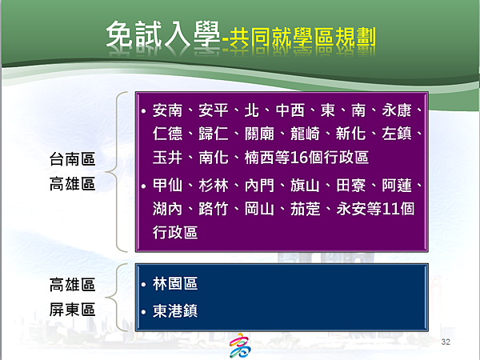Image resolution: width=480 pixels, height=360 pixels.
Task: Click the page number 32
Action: [446, 342]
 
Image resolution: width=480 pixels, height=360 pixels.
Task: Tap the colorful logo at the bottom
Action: [240, 346]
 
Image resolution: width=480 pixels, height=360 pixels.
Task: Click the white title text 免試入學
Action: [163, 34]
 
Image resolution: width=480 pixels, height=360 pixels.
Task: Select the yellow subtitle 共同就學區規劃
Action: [302, 38]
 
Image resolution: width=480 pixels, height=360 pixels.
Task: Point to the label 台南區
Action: [73, 159]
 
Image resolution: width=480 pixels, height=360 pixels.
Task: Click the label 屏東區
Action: [73, 309]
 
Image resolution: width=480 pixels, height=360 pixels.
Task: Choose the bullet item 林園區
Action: [175, 283]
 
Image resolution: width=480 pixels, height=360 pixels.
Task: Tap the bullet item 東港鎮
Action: [175, 310]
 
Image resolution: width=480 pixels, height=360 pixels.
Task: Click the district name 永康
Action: [397, 110]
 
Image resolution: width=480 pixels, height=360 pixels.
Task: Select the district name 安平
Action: [214, 110]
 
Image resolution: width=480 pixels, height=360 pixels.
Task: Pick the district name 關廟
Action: [259, 134]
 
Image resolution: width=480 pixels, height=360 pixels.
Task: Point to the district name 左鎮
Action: [397, 134]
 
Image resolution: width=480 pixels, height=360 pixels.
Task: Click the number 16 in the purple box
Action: [298, 158]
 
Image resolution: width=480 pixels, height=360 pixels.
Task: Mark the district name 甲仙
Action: [167, 186]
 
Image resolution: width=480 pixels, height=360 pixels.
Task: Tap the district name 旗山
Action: [305, 186]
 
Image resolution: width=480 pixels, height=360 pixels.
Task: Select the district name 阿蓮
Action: [397, 186]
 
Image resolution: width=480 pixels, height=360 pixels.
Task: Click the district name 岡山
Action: [259, 209]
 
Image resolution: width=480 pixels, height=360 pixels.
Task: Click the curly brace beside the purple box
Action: [110, 172]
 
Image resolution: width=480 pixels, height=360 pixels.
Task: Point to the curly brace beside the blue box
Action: [110, 298]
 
